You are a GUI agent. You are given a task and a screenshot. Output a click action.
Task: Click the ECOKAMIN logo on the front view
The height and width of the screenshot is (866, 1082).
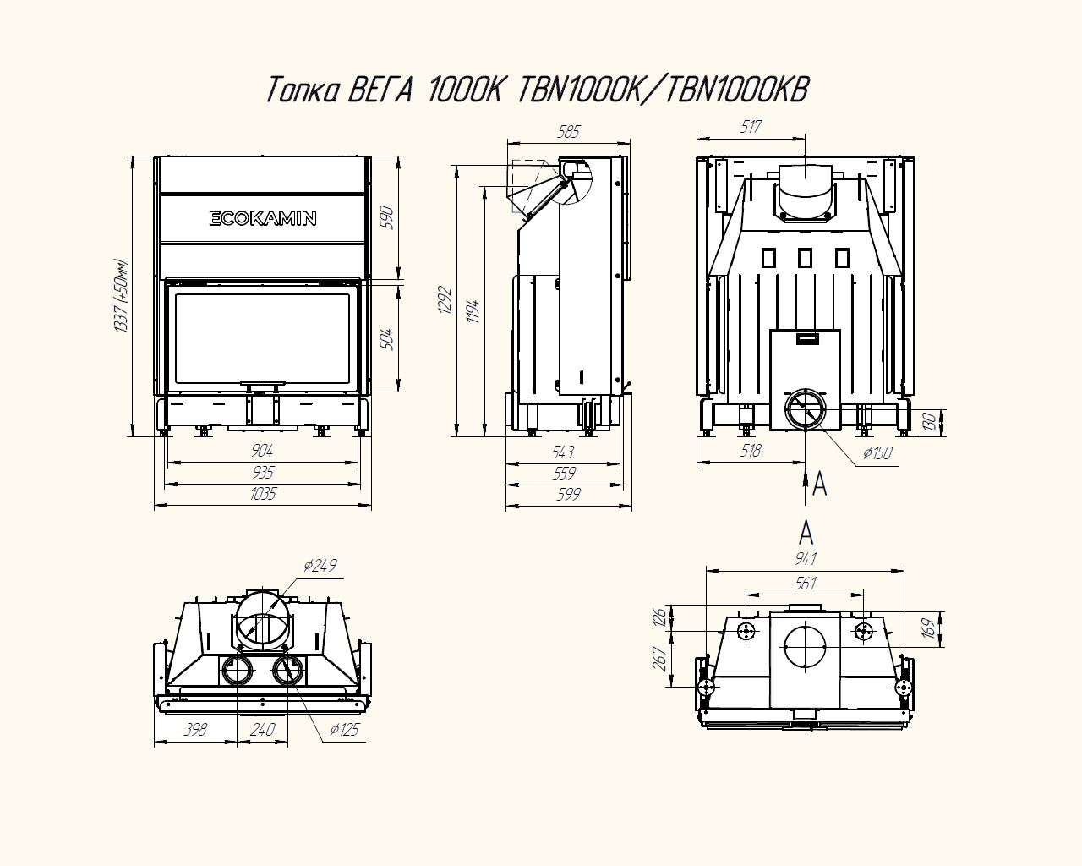pyautogui.click(x=263, y=218)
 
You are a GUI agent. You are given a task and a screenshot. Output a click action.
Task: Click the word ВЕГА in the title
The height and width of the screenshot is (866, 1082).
pyautogui.click(x=380, y=89)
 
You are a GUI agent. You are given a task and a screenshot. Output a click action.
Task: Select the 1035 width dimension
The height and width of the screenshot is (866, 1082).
pyautogui.click(x=263, y=494)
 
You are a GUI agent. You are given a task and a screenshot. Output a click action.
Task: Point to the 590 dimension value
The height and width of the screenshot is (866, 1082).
pyautogui.click(x=388, y=218)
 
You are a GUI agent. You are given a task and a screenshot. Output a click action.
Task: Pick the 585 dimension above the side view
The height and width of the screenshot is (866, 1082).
pyautogui.click(x=568, y=131)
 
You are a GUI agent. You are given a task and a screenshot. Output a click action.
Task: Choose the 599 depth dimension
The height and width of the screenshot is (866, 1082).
pyautogui.click(x=568, y=495)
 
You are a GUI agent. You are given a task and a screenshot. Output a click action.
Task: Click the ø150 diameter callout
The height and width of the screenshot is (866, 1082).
pyautogui.click(x=877, y=453)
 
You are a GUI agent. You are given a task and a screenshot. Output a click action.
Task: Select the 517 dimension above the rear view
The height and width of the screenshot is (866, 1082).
pyautogui.click(x=751, y=127)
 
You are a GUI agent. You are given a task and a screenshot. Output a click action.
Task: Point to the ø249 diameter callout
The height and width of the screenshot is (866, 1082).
pyautogui.click(x=320, y=565)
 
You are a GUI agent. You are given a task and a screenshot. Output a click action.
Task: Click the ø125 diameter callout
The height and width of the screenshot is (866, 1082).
pyautogui.click(x=345, y=729)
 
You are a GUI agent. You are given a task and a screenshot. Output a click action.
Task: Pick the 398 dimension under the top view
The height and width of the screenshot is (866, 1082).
pyautogui.click(x=195, y=729)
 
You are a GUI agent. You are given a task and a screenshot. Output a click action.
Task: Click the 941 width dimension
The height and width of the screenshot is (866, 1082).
pyautogui.click(x=805, y=559)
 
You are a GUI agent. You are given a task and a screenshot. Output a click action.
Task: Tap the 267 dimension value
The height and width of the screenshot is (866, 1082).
pyautogui.click(x=661, y=658)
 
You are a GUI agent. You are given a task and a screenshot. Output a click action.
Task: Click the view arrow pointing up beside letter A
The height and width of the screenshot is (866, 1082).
pyautogui.click(x=804, y=481)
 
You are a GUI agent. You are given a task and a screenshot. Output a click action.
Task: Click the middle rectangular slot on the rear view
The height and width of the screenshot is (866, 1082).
pyautogui.click(x=805, y=256)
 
